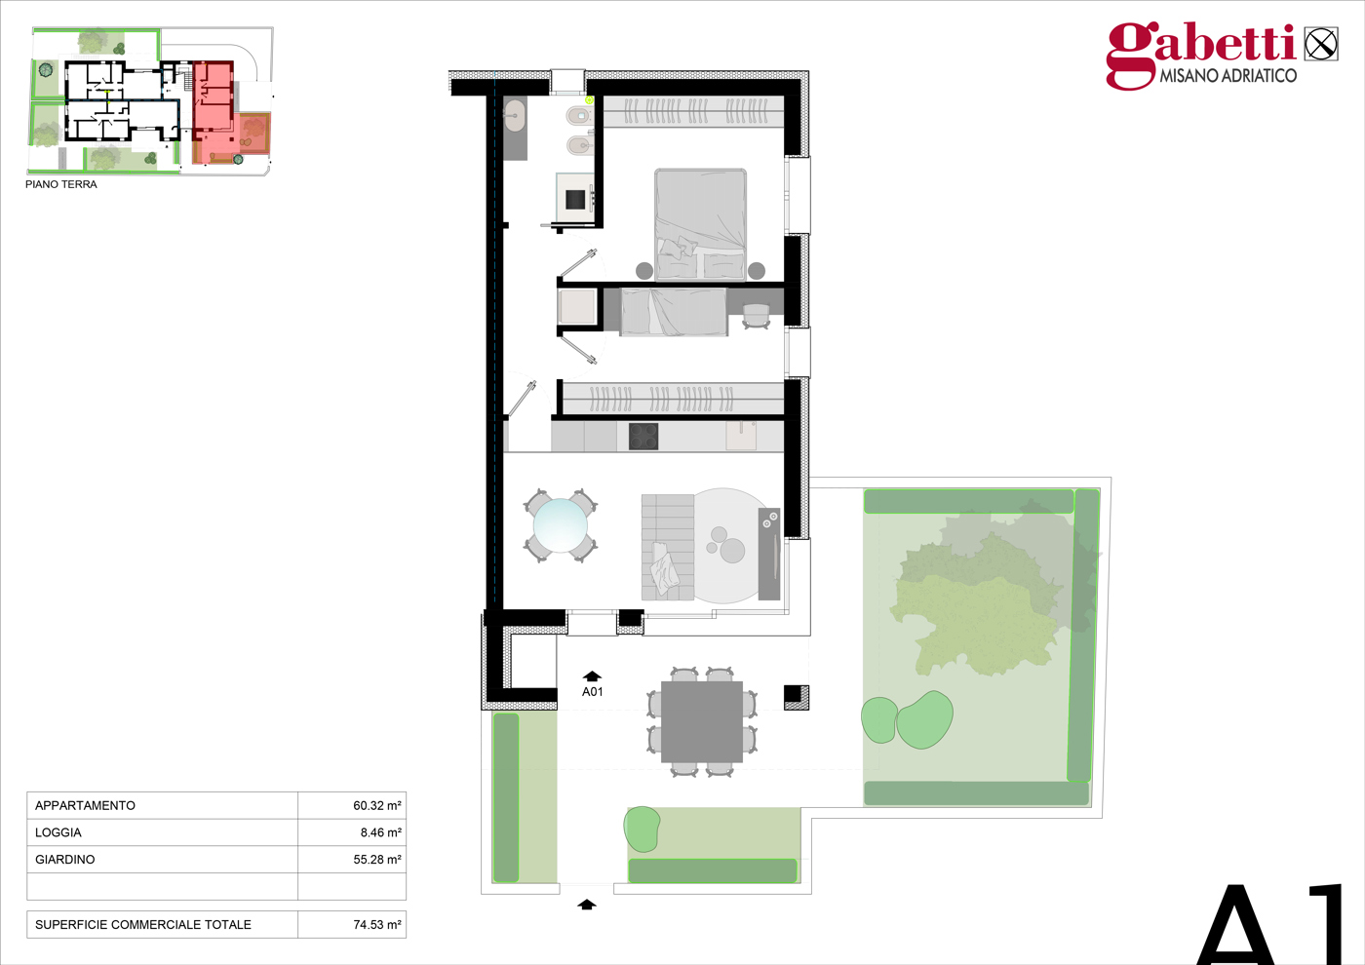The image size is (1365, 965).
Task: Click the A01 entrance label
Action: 593,691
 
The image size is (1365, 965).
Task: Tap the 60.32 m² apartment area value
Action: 377,805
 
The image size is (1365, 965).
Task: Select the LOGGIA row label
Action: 58,832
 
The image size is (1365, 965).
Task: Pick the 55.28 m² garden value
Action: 377,860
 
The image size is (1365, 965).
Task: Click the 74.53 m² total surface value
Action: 377,925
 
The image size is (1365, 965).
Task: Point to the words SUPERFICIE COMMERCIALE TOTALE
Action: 142,925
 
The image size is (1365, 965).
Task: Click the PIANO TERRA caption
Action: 60,184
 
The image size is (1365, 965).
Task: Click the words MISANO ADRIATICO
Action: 1228,76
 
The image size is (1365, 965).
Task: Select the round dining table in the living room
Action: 560,525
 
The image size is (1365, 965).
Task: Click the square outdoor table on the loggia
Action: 702,722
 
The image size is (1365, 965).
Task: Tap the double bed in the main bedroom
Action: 701,225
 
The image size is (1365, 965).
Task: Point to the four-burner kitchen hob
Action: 643,437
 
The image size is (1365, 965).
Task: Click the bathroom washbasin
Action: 515,116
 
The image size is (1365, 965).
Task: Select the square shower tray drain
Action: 575,199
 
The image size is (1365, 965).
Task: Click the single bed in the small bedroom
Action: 674,312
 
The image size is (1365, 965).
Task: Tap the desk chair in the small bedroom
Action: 757,316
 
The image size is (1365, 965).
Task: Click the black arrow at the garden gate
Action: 587,905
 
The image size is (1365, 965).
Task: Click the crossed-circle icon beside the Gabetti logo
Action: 1321,45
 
